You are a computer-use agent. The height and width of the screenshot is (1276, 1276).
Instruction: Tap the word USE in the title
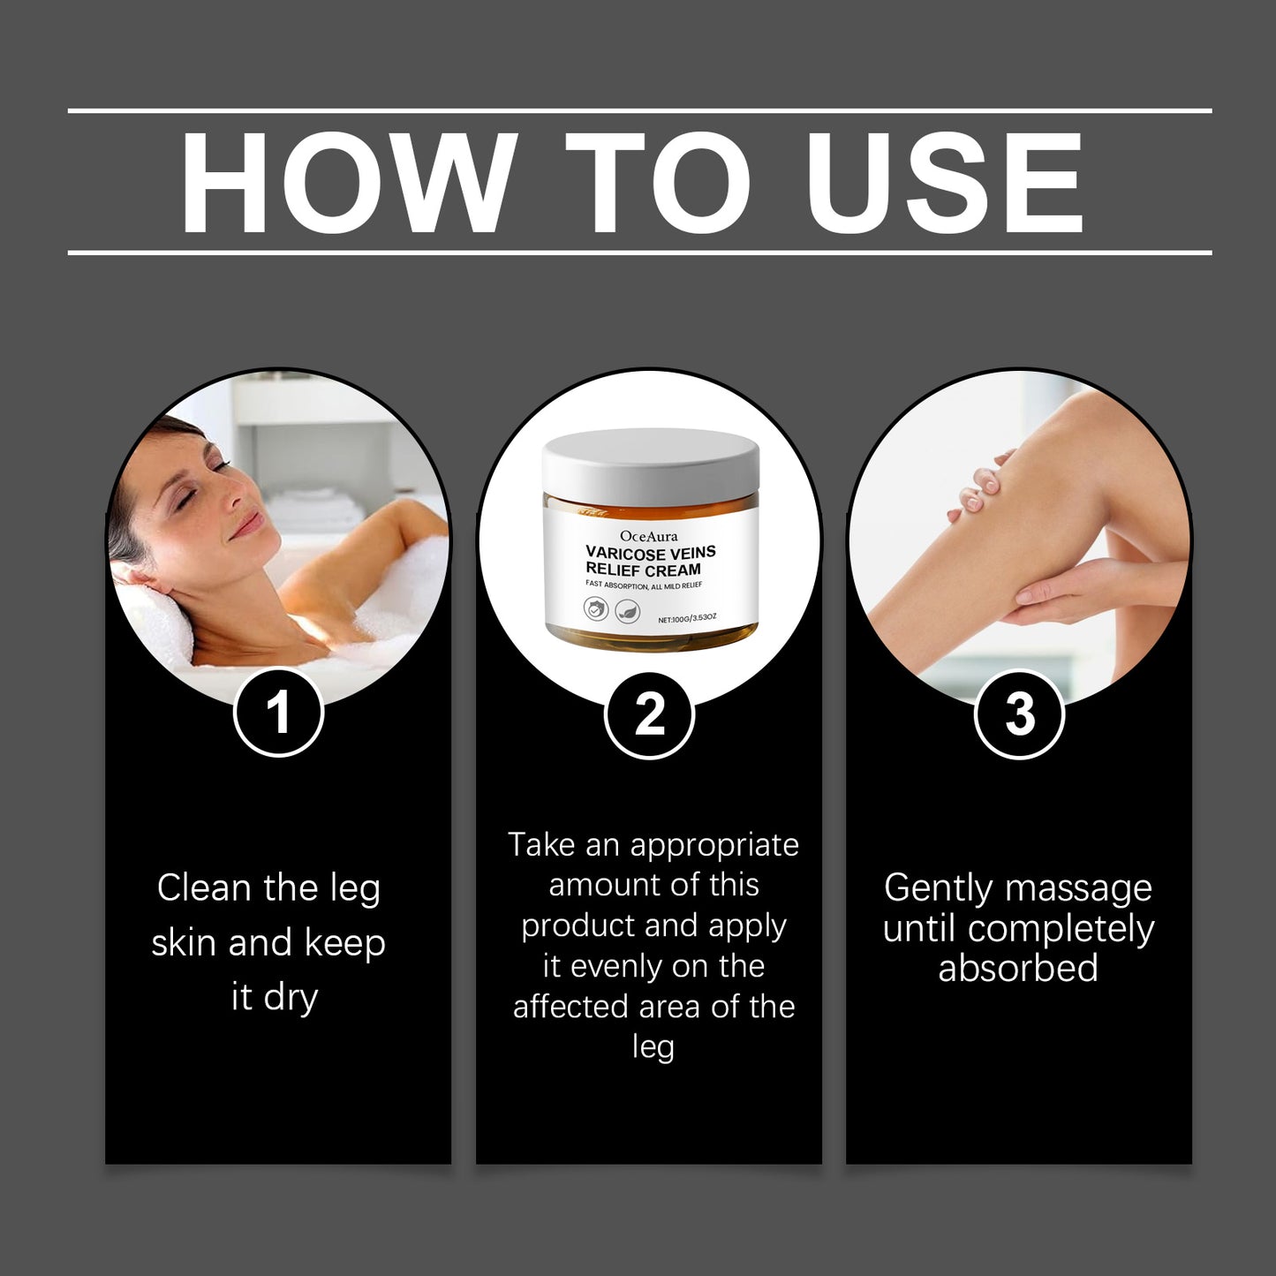point(943,183)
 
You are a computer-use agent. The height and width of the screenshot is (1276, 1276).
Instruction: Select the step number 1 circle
point(278,713)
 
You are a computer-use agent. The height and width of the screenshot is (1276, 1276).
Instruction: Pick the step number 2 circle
point(649,714)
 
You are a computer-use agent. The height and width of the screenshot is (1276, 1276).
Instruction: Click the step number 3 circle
point(1019,714)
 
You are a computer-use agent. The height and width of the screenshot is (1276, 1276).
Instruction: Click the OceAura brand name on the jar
point(649,536)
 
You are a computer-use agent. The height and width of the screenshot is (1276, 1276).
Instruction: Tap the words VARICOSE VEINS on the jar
point(651,553)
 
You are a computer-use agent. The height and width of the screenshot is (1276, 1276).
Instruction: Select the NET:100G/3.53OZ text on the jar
point(687,619)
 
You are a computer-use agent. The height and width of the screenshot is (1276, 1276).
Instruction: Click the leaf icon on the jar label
point(627,608)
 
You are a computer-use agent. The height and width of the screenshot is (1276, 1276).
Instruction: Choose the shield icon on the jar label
point(596,608)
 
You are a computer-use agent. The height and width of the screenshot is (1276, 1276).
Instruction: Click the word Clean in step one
point(193,887)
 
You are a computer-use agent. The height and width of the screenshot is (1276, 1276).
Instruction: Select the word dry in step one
point(291,997)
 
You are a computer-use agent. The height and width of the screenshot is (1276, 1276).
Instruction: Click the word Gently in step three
point(938,887)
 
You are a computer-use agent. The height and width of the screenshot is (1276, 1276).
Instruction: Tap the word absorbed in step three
point(1018,968)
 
